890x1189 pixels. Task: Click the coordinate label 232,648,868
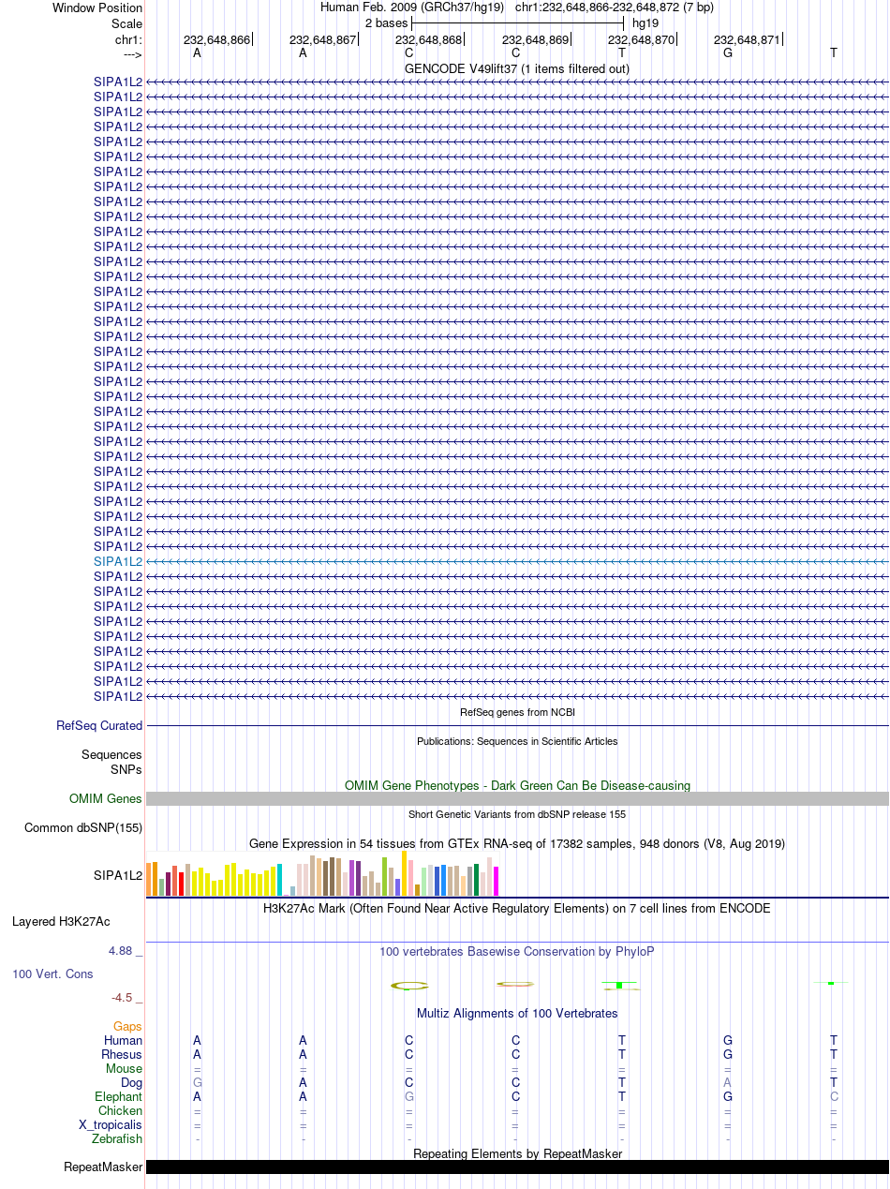428,40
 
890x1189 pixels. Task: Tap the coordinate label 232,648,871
747,40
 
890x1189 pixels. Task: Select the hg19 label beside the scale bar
645,23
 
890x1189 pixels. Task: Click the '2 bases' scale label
386,23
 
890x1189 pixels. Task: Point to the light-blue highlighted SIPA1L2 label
118,561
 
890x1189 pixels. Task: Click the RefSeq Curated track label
99,725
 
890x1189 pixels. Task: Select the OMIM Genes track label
106,798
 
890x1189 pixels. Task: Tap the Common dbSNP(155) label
83,827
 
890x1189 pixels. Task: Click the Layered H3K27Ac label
61,921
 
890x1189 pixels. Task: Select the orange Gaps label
127,1026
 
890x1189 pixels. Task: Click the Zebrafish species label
117,1138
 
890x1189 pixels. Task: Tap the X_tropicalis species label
111,1124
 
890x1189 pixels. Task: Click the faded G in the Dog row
197,1082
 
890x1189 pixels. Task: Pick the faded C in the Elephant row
834,1096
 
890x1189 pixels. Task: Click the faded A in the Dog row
728,1082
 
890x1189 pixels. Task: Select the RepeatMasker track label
103,1167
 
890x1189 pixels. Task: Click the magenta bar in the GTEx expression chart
496,882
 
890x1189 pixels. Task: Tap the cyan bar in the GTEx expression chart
279,880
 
